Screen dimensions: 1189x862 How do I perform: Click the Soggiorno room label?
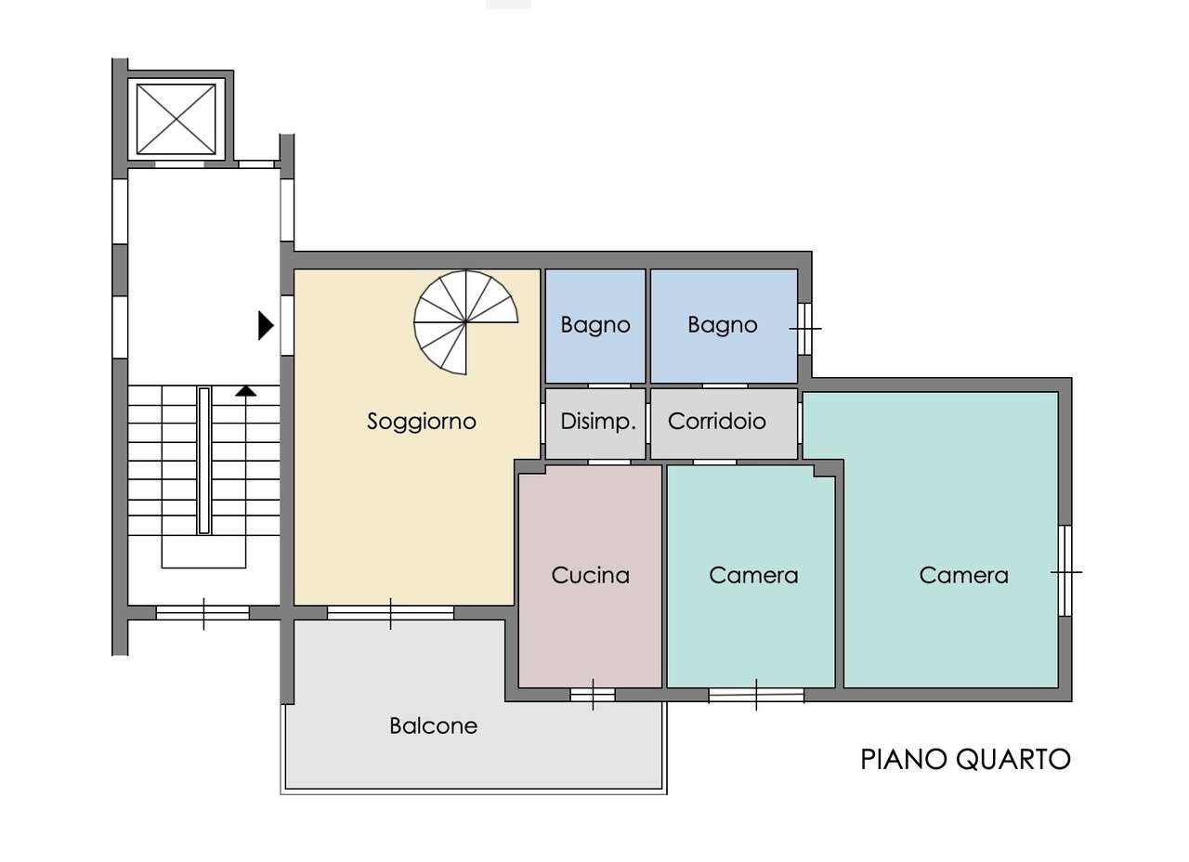click(x=422, y=422)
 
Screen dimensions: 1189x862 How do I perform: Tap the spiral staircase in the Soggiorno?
click(x=465, y=322)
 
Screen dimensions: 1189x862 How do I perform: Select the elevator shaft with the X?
click(x=176, y=119)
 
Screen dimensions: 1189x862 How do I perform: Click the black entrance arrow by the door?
click(x=266, y=325)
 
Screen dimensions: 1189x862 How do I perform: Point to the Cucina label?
click(x=590, y=575)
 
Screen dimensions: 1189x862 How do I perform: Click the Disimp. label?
click(x=598, y=422)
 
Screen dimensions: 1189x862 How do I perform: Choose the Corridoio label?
click(x=716, y=422)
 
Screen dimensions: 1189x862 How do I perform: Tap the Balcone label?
click(x=433, y=726)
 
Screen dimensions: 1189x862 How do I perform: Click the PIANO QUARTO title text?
click(x=965, y=760)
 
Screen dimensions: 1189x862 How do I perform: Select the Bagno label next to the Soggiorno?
click(x=595, y=324)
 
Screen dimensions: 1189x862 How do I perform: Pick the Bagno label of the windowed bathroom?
click(x=722, y=324)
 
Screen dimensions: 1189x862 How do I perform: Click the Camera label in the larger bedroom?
click(x=963, y=575)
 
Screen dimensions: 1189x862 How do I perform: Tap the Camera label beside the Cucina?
click(x=753, y=575)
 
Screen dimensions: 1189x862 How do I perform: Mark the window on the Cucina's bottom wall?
click(x=593, y=694)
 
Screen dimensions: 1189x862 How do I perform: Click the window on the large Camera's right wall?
click(x=1065, y=570)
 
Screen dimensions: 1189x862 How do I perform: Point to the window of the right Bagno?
click(x=804, y=329)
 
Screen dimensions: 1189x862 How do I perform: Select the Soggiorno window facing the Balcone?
click(x=390, y=612)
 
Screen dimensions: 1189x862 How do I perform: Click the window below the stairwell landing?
click(x=203, y=612)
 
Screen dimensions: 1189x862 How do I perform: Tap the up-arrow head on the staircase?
click(x=246, y=391)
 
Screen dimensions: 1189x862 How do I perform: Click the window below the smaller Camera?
click(x=756, y=694)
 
